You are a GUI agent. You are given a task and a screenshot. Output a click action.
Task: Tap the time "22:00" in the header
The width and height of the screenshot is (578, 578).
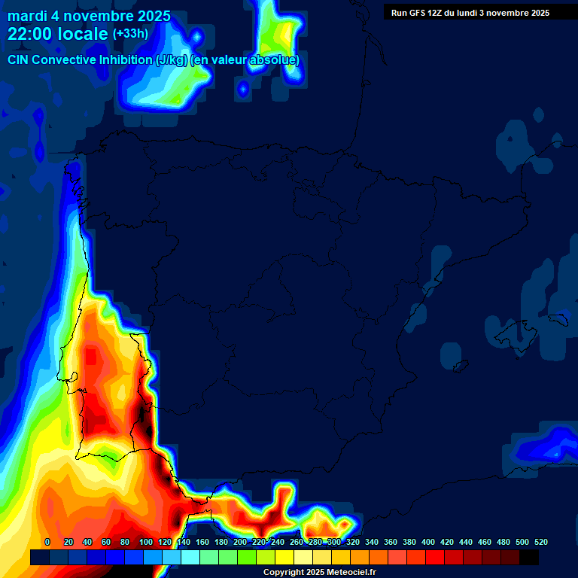coord(32,34)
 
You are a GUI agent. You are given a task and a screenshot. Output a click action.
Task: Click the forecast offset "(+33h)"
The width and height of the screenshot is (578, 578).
coord(130,34)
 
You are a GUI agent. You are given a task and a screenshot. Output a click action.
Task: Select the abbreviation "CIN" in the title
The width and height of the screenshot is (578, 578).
coord(19,60)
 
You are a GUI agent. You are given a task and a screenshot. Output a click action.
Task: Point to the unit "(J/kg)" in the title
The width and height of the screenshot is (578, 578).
coord(173,60)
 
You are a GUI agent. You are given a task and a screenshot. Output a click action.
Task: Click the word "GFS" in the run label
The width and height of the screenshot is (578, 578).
coord(421,13)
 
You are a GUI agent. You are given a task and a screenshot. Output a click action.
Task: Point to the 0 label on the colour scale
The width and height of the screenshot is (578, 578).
coord(47,543)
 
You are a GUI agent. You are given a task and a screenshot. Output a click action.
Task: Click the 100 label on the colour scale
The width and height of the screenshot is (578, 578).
coord(144,543)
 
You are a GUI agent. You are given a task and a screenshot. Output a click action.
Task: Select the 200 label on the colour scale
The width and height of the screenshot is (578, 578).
coord(240,543)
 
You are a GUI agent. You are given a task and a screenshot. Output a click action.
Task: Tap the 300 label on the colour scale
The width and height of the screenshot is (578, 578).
coord(334,543)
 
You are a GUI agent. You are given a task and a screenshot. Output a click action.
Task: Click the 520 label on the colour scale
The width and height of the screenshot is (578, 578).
coord(541,543)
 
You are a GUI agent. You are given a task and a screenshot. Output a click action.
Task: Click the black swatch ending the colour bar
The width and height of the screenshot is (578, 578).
coord(529,558)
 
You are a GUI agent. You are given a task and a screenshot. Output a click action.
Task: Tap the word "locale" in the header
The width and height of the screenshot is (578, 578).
coord(82,34)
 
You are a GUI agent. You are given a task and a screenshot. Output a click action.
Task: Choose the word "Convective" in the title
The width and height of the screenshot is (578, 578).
coord(64,60)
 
